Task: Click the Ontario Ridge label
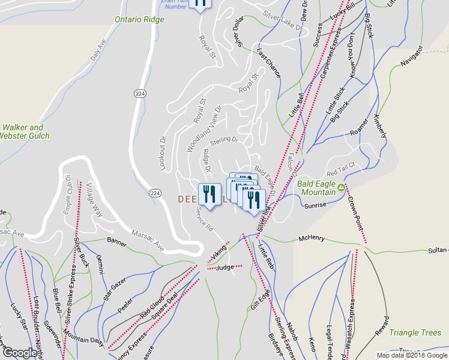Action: point(139,19)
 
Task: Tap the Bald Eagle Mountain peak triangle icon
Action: point(342,188)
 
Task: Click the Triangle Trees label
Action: point(415,332)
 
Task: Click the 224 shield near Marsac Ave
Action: point(155,193)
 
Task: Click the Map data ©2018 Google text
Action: point(411,355)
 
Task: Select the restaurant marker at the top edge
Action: point(200,3)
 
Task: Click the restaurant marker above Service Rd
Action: point(208,194)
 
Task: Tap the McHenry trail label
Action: point(312,238)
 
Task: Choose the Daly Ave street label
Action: point(97,49)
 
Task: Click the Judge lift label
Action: point(224,267)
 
